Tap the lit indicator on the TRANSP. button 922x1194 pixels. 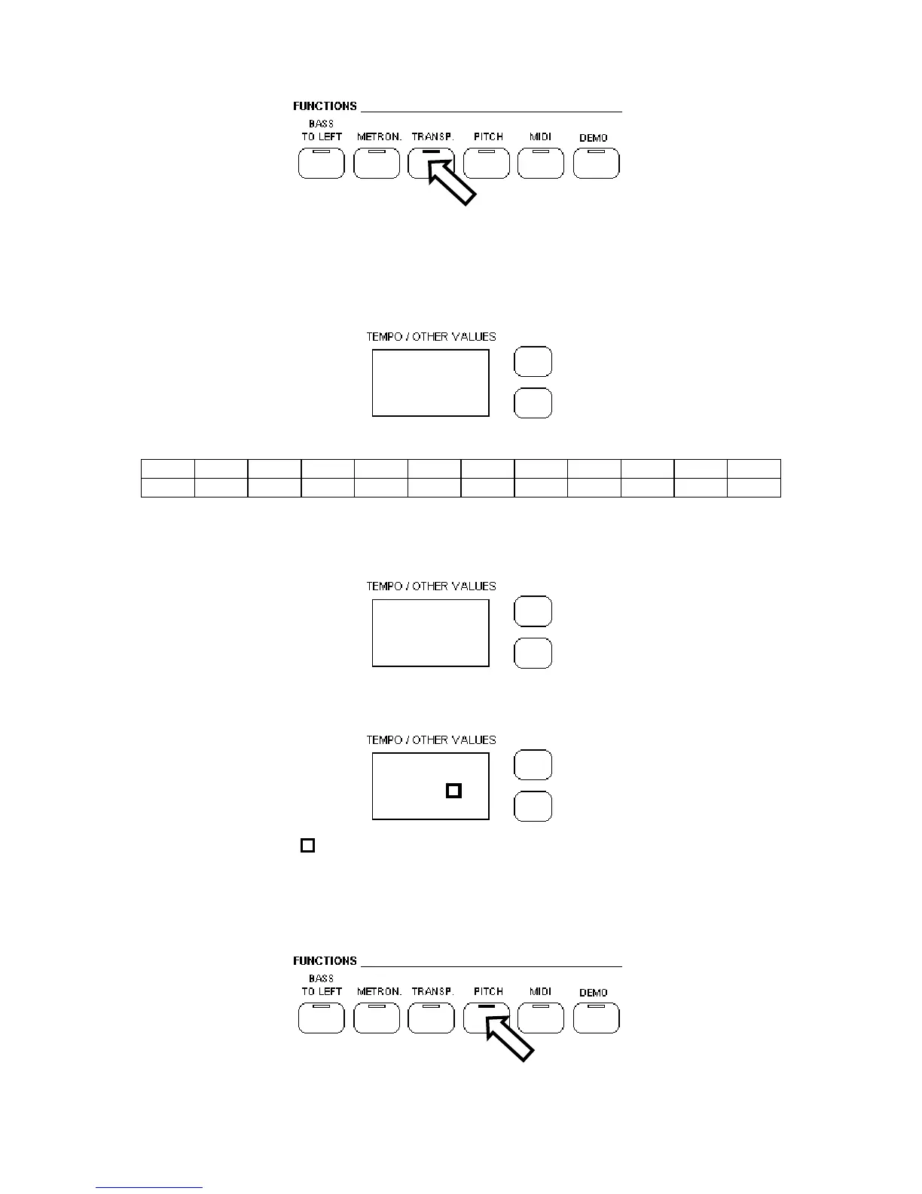click(x=432, y=152)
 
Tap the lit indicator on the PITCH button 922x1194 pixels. click(x=487, y=1006)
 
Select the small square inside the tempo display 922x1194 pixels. click(x=453, y=791)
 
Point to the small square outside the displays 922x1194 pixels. click(x=307, y=845)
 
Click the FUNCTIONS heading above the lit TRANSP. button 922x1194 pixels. click(x=325, y=106)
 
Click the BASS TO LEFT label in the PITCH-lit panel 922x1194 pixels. click(x=322, y=985)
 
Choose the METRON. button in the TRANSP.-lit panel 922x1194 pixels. click(x=377, y=164)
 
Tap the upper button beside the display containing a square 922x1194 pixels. click(x=533, y=765)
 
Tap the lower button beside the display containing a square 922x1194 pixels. click(x=533, y=807)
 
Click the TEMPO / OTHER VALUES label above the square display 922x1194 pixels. click(x=431, y=740)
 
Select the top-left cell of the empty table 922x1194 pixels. click(x=168, y=468)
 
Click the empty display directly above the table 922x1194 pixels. click(x=431, y=383)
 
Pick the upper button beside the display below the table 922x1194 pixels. click(x=533, y=611)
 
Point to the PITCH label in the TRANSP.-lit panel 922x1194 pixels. click(x=488, y=136)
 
